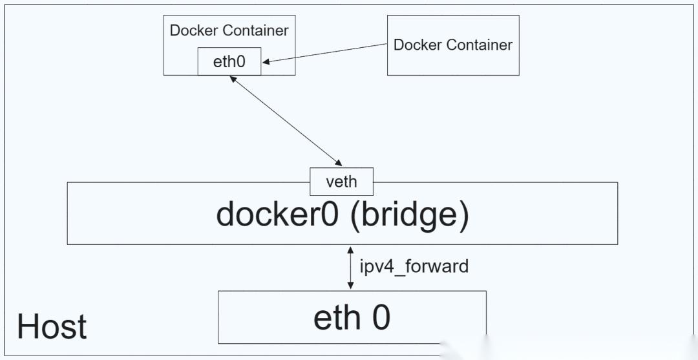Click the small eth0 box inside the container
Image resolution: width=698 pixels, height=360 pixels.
(x=229, y=62)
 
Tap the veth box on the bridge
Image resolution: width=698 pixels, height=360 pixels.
(x=341, y=182)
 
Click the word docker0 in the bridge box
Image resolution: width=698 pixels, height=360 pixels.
(x=277, y=214)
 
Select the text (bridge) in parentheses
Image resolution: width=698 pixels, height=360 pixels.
(x=410, y=215)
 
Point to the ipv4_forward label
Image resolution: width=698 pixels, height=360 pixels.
(x=414, y=266)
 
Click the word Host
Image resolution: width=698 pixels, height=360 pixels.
(x=52, y=326)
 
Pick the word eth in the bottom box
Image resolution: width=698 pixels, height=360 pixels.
(x=336, y=317)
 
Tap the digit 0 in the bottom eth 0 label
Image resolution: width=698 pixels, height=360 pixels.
(x=381, y=317)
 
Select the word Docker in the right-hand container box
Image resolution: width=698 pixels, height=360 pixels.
(x=418, y=45)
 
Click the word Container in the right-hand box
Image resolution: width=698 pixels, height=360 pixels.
(x=480, y=45)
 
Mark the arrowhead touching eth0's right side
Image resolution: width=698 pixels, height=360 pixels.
(x=266, y=61)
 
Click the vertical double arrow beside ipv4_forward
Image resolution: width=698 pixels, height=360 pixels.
(x=350, y=267)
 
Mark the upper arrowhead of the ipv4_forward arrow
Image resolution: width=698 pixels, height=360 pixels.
(x=350, y=249)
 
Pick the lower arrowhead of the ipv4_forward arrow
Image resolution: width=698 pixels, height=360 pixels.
(x=350, y=286)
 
